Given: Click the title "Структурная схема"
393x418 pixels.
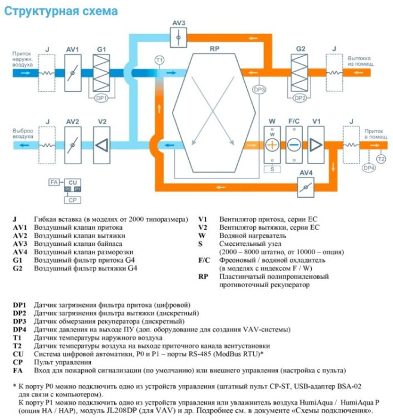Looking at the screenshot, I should coord(62,11).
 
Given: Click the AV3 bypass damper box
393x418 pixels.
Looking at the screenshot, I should coord(179,37).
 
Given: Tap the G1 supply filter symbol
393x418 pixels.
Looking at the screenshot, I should coord(102,72).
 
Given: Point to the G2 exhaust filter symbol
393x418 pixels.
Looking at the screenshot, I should coord(300,72).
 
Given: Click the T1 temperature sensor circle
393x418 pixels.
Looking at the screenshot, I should coord(159,60).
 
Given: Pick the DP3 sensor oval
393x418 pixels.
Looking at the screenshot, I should coord(259,90).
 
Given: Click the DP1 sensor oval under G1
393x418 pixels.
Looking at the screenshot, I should coord(102,97).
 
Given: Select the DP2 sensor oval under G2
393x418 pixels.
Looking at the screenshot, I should coord(300,97).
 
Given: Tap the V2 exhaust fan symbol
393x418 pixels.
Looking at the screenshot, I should coord(102,145).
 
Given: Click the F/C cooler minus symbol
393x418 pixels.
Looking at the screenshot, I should coord(294,145).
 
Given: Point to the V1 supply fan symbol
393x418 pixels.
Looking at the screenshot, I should coord(317,145).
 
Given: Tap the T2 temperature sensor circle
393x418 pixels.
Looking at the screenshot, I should coord(382,158).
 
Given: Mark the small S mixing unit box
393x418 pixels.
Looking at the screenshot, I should coord(272,169).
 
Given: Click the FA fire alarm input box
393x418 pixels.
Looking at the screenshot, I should coord(54,182).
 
